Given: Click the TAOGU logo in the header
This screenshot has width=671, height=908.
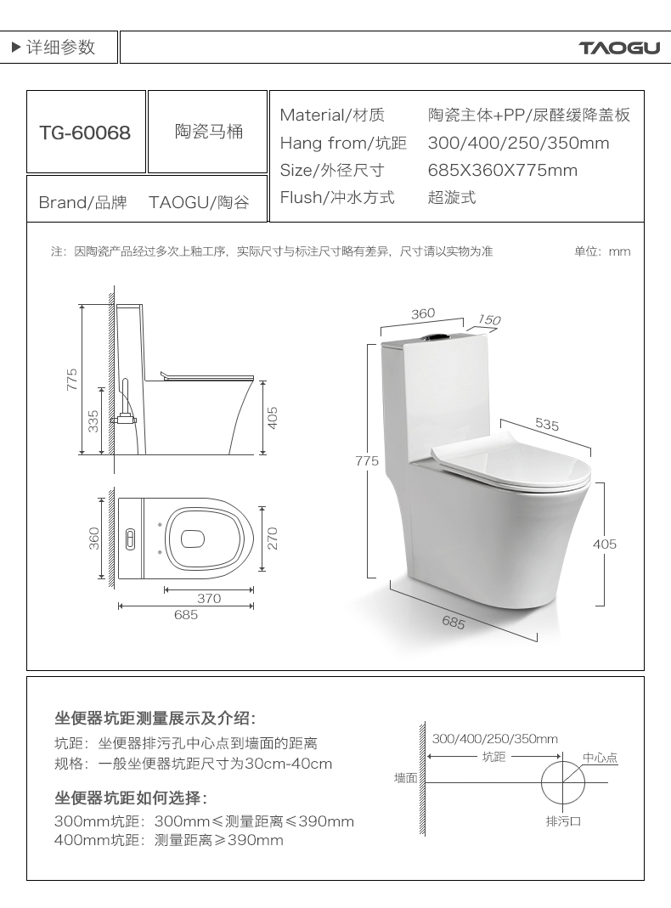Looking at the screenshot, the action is [x=619, y=48].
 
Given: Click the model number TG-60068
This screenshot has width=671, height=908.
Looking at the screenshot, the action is [x=85, y=133].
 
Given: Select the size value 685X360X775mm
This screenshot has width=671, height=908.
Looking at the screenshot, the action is [x=503, y=170].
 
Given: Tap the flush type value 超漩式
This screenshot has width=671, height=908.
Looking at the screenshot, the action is [x=452, y=197].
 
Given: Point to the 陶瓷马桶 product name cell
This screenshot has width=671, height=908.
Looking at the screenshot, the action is [x=208, y=132].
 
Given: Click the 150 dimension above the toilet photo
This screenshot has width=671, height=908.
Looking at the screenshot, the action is [x=489, y=319].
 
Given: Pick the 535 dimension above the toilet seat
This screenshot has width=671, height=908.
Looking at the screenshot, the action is [x=546, y=425].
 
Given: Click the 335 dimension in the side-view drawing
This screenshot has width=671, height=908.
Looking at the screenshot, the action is [x=93, y=421].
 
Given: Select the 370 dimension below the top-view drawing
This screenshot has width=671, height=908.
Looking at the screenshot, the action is [x=209, y=598].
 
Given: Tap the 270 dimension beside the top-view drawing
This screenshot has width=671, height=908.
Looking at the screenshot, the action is [x=273, y=538].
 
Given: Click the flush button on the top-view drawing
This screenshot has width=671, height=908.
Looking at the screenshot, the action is [x=130, y=539].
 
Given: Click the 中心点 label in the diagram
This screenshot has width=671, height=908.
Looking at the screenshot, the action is [x=600, y=758].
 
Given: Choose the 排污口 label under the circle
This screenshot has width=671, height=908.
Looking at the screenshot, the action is [x=563, y=821].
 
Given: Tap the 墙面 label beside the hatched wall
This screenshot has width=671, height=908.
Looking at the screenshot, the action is [x=406, y=778].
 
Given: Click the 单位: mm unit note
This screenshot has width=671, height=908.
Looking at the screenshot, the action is [x=602, y=251].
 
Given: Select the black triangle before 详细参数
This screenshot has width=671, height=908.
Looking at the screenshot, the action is [x=17, y=47].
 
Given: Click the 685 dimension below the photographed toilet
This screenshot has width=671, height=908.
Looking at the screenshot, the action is [x=454, y=622].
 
